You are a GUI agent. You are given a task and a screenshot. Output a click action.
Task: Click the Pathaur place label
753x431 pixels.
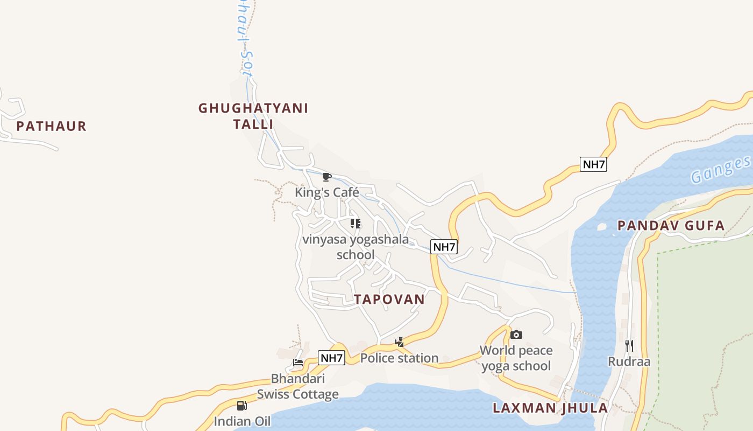pyautogui.click(x=51, y=127)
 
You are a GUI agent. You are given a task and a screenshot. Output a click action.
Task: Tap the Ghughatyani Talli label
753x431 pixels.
pyautogui.click(x=253, y=116)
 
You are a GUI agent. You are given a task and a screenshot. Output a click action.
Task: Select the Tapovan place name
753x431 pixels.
pyautogui.click(x=389, y=300)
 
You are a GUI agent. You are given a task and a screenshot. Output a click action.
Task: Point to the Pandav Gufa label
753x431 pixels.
pyautogui.click(x=671, y=226)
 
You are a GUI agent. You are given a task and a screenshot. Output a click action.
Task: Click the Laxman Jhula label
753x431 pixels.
pyautogui.click(x=550, y=408)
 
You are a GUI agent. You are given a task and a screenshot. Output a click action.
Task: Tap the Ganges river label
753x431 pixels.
pyautogui.click(x=721, y=169)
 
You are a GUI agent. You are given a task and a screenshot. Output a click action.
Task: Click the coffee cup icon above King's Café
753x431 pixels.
pyautogui.click(x=326, y=177)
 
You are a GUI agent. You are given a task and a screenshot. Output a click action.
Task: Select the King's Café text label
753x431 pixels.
pyautogui.click(x=326, y=192)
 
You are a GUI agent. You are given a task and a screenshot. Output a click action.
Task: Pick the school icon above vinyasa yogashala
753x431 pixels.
pyautogui.click(x=356, y=223)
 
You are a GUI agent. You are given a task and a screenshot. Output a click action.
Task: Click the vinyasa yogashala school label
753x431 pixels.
pyautogui.click(x=356, y=247)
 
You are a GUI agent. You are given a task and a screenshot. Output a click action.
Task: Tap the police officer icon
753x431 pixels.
pyautogui.click(x=400, y=342)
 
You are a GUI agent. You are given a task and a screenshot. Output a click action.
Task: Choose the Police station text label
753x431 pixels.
pyautogui.click(x=400, y=358)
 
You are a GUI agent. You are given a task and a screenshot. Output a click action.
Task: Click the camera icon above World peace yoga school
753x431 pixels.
pyautogui.click(x=516, y=335)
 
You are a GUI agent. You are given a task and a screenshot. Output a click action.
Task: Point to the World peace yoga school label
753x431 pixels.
pyautogui.click(x=516, y=358)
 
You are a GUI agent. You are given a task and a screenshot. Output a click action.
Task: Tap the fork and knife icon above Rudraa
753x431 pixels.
pyautogui.click(x=629, y=345)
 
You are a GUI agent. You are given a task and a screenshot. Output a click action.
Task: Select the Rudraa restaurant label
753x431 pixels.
pyautogui.click(x=629, y=362)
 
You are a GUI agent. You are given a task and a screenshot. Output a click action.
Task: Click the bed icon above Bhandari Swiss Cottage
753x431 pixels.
pyautogui.click(x=298, y=362)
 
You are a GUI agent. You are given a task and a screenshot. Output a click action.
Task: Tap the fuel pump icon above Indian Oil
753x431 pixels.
pyautogui.click(x=242, y=405)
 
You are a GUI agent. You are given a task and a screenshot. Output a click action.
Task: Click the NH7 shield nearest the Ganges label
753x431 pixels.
pyautogui.click(x=593, y=164)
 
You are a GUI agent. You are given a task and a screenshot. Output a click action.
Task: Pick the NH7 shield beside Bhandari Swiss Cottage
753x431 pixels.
pyautogui.click(x=331, y=358)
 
